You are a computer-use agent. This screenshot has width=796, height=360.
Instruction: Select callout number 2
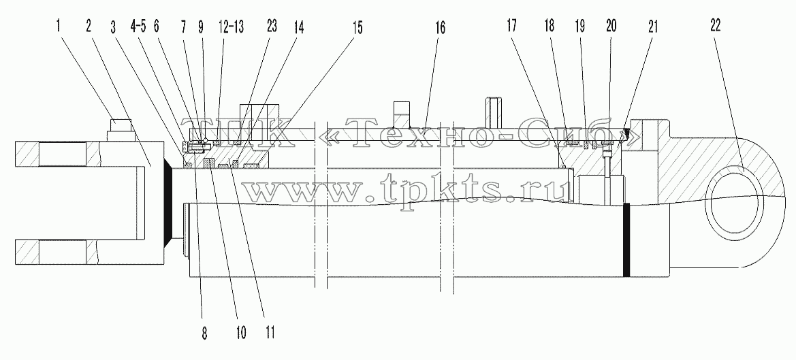click(89, 27)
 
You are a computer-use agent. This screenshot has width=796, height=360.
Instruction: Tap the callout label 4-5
click(138, 27)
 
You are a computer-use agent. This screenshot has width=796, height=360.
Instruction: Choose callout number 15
click(357, 27)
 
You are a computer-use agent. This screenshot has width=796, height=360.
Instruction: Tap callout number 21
click(652, 27)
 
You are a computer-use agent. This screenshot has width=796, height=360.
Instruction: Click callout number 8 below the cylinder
click(204, 333)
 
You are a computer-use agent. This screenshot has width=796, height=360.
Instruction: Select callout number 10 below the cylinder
click(240, 333)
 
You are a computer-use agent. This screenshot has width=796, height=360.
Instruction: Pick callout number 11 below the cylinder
click(270, 333)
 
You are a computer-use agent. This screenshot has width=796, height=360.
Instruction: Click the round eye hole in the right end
click(737, 202)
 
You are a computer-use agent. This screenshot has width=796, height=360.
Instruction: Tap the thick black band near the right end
click(626, 240)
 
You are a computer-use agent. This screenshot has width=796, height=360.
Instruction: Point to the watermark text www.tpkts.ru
click(405, 189)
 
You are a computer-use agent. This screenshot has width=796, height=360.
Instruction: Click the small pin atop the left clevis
click(120, 130)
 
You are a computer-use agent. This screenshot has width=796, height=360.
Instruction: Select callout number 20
click(609, 27)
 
